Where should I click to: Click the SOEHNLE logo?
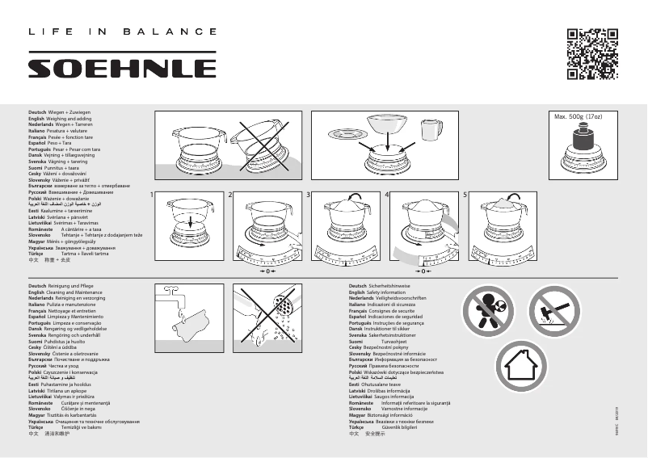click(x=122, y=67)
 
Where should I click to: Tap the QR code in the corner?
click(x=591, y=54)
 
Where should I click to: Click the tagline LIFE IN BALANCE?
click(x=122, y=32)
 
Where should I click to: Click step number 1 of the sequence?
click(x=152, y=195)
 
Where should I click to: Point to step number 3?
click(x=309, y=195)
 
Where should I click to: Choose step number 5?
click(x=465, y=195)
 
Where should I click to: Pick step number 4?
click(x=387, y=195)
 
